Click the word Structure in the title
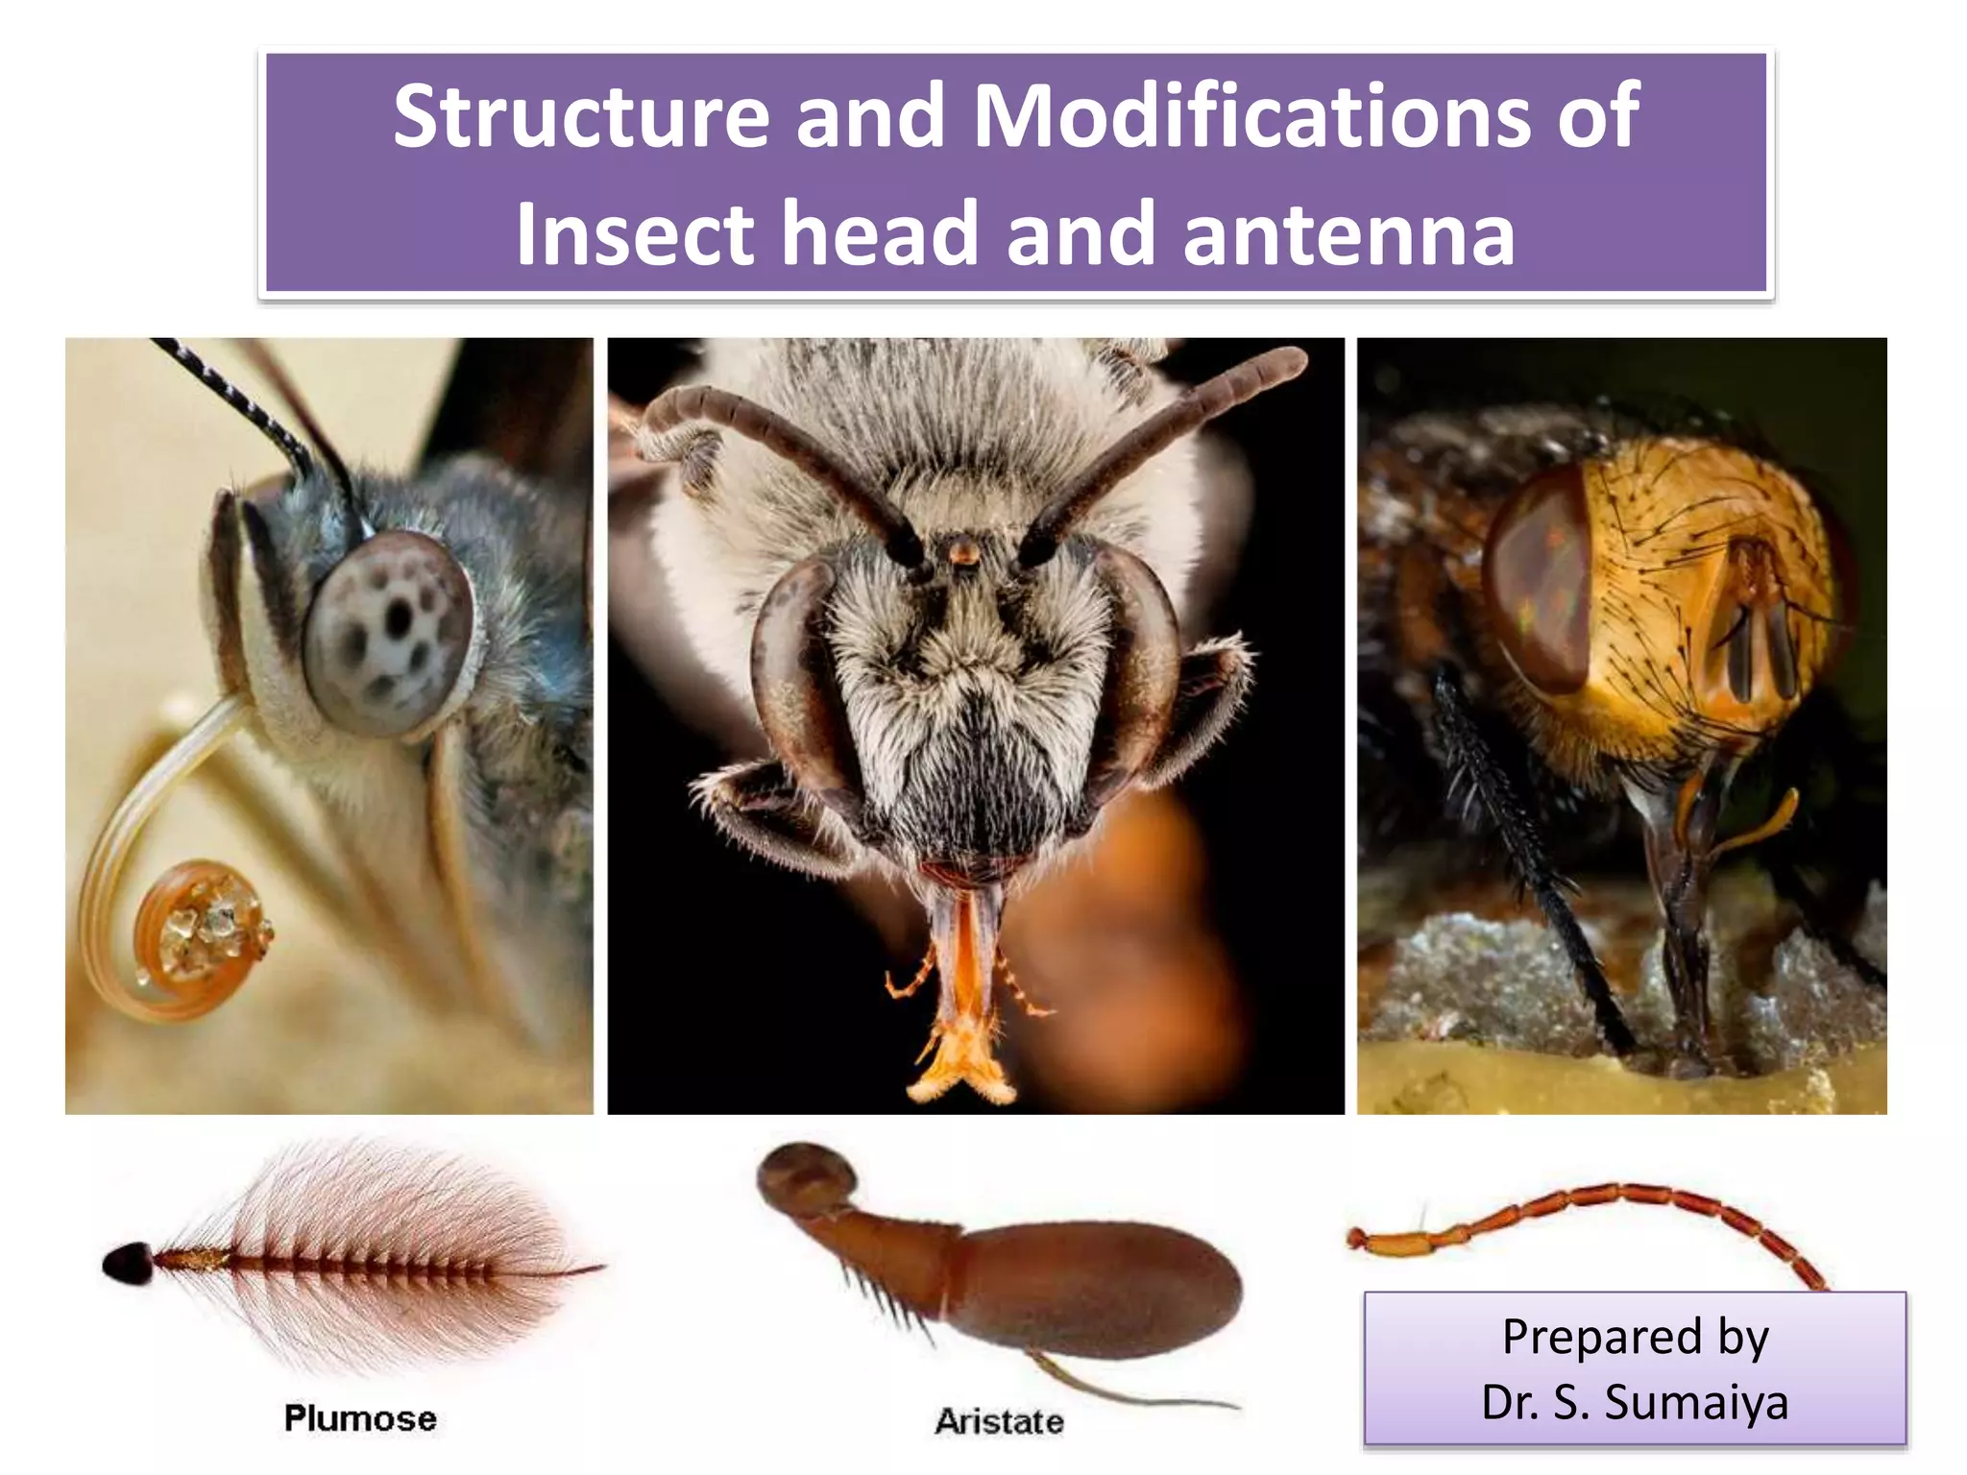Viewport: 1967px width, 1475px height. pos(581,117)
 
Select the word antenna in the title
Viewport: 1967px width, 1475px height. pos(1348,233)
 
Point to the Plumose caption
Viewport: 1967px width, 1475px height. pos(360,1418)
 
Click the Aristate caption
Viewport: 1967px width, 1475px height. pos(999,1421)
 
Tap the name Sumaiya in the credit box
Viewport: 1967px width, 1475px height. pos(1696,1402)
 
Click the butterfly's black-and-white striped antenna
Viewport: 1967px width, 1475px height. pos(240,399)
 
